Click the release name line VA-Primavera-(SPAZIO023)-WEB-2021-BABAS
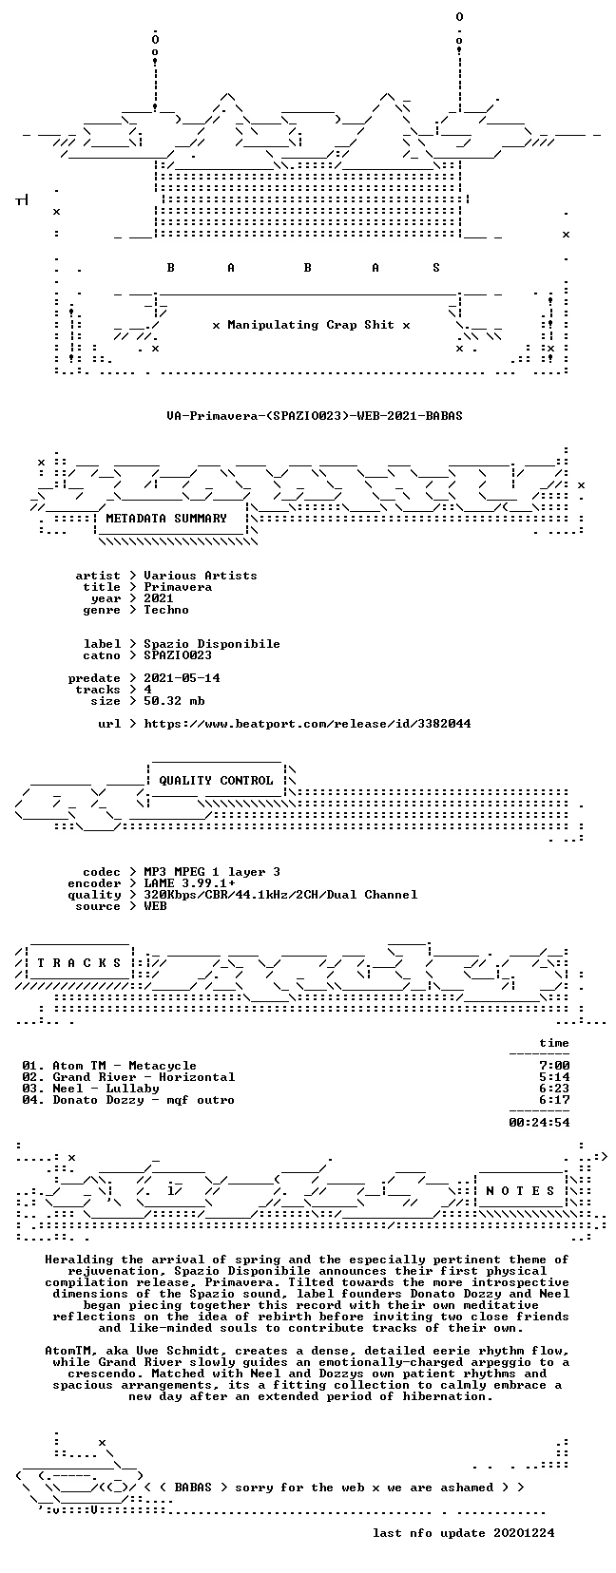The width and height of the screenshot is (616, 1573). click(315, 415)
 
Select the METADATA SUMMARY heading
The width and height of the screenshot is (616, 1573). click(166, 519)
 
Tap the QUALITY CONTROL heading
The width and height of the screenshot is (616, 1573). click(216, 780)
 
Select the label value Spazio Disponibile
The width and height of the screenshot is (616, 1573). click(212, 644)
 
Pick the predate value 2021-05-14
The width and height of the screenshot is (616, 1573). click(182, 677)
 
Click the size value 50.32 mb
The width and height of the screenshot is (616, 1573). click(174, 701)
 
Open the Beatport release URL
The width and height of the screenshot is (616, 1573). click(308, 723)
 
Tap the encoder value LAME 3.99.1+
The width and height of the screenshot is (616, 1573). click(189, 883)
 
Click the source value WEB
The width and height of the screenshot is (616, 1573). click(155, 906)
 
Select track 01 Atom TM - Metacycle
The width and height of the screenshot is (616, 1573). click(109, 1065)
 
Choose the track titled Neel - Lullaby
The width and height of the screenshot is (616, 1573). click(106, 1089)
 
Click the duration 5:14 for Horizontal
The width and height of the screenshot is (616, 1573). click(554, 1077)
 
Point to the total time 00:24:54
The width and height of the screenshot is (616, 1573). click(539, 1122)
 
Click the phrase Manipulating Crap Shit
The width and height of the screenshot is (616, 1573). click(311, 325)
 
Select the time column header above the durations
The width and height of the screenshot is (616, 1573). click(554, 1043)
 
